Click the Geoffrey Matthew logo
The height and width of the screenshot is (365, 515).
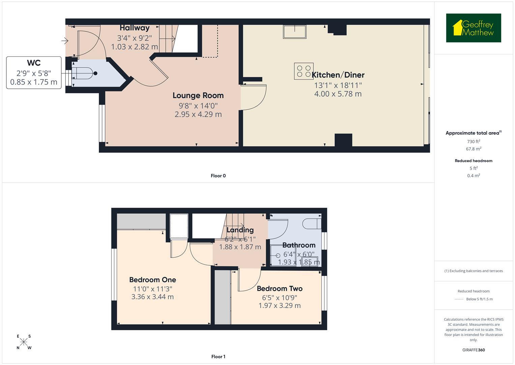tap(473, 28)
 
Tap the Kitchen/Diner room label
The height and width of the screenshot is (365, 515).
tap(338, 75)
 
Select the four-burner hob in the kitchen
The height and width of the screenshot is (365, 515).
tap(304, 71)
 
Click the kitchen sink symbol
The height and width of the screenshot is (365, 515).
tap(295, 32)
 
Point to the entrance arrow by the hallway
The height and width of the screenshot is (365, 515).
tap(64, 41)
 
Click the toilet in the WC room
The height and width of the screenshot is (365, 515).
tap(84, 73)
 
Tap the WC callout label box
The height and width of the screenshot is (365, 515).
tap(34, 73)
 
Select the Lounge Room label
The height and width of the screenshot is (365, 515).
tap(198, 96)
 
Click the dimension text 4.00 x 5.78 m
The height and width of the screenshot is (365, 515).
tap(338, 94)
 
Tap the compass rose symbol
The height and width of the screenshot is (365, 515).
tap(24, 342)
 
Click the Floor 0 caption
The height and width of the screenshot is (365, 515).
tap(218, 176)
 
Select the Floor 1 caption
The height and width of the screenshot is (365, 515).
tap(218, 357)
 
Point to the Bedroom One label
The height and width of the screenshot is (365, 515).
tap(152, 280)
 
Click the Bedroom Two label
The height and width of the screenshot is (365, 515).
tap(280, 289)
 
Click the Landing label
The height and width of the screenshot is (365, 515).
tap(240, 230)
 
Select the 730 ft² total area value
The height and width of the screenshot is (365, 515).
tap(474, 142)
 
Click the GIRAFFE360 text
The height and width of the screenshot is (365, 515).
tap(474, 350)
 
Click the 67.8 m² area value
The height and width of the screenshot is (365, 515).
tap(474, 149)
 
